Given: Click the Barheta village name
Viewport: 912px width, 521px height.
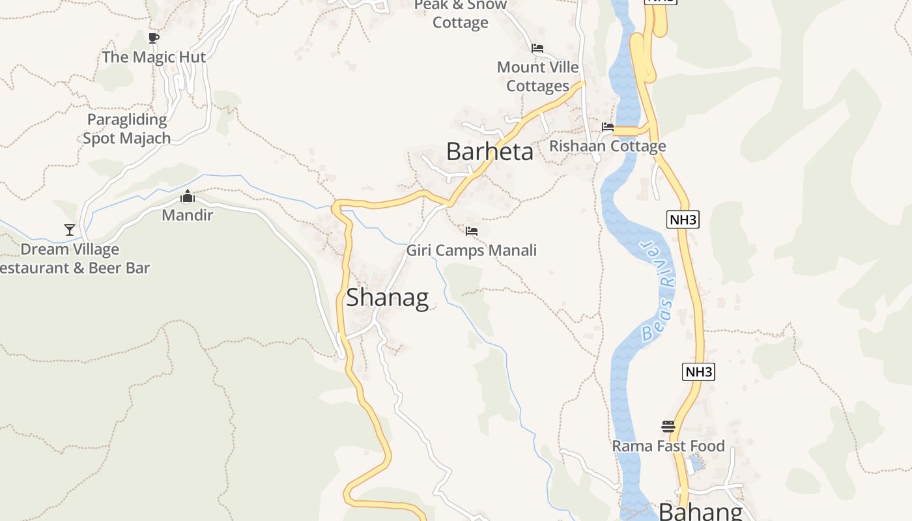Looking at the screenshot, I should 489,152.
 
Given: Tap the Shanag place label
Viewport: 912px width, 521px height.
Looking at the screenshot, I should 387,298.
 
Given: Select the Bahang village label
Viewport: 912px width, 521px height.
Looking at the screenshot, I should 700,511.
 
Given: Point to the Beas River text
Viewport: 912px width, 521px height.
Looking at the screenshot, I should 657,291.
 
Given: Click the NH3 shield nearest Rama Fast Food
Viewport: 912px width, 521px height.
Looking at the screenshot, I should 698,372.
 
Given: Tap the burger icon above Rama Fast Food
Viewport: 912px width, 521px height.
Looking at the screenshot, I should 668,427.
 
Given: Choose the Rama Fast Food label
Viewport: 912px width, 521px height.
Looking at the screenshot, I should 668,446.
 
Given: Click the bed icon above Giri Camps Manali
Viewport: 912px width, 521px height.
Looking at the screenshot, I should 472,231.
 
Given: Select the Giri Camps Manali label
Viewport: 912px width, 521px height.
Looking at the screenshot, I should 472,250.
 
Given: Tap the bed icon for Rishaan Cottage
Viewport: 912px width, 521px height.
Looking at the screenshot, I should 608,127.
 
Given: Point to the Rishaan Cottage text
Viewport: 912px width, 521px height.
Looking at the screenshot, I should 608,146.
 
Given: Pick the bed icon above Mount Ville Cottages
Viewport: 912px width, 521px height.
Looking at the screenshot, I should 537,48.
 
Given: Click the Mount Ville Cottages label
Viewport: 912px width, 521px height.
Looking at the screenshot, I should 538,76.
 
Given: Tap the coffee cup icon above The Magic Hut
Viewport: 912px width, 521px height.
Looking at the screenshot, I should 153,38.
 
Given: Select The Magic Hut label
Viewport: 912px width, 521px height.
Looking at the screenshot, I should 154,57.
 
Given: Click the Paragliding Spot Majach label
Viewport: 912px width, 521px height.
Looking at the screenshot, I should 127,129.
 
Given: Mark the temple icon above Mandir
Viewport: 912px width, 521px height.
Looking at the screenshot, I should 188,196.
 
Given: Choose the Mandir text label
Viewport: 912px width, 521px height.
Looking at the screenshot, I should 188,215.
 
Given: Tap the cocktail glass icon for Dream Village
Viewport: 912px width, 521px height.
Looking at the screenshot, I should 70,229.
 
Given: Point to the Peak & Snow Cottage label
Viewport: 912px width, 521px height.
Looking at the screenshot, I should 461,14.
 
